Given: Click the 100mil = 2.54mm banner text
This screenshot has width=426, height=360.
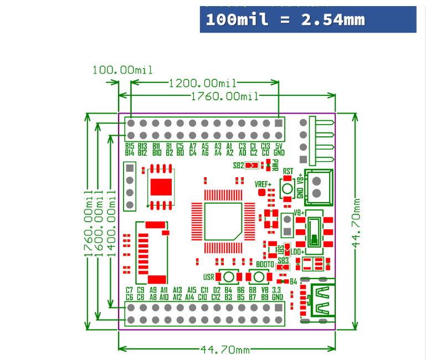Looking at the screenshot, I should [x=285, y=19].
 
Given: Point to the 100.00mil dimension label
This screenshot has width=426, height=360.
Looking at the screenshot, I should [x=122, y=70].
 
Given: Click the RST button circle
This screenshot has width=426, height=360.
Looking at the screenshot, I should [x=287, y=188].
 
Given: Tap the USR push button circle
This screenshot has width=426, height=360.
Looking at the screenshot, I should [x=228, y=276].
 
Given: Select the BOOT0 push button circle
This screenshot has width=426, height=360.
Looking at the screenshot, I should [x=258, y=276].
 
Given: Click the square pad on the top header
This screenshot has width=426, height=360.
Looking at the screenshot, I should [x=279, y=123].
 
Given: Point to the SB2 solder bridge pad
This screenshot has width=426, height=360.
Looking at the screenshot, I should [x=252, y=165].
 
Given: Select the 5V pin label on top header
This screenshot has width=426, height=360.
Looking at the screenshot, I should [x=279, y=146].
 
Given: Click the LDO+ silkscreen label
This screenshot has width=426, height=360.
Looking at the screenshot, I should [x=298, y=252].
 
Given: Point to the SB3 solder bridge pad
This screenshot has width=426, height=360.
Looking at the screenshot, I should [x=283, y=267].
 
